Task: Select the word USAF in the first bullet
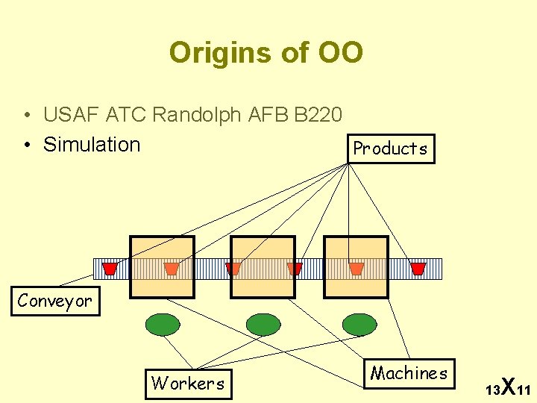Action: point(72,115)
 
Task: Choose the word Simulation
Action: point(92,144)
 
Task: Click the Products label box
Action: point(390,148)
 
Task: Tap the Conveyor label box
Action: point(55,301)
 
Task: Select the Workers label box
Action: point(188,383)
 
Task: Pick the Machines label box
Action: point(409,372)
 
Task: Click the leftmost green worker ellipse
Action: point(162,325)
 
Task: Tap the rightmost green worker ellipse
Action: point(359,325)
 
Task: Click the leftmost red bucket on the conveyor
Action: point(110,269)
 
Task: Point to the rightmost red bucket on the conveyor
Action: point(418,269)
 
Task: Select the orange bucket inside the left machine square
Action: point(172,269)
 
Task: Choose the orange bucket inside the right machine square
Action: point(357,269)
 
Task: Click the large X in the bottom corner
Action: point(507,386)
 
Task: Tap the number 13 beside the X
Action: point(492,390)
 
